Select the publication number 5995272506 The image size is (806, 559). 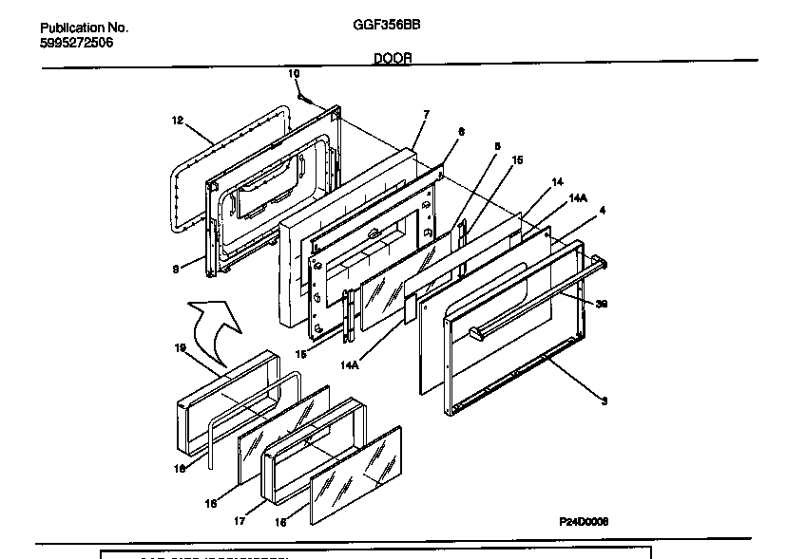click(77, 43)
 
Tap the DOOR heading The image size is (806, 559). click(393, 58)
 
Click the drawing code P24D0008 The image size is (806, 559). click(584, 522)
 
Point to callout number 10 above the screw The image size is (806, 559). click(294, 73)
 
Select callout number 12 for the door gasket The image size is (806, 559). click(177, 121)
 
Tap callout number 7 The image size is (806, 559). click(426, 115)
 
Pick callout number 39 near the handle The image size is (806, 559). click(602, 305)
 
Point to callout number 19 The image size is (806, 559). click(180, 347)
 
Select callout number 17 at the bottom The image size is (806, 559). click(242, 520)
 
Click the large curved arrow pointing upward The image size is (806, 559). click(216, 329)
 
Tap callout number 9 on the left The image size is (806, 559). click(175, 270)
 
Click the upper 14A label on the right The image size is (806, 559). click(577, 197)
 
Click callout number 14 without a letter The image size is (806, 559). click(558, 181)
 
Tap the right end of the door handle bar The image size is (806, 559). click(602, 265)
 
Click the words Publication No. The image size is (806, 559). click(84, 28)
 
